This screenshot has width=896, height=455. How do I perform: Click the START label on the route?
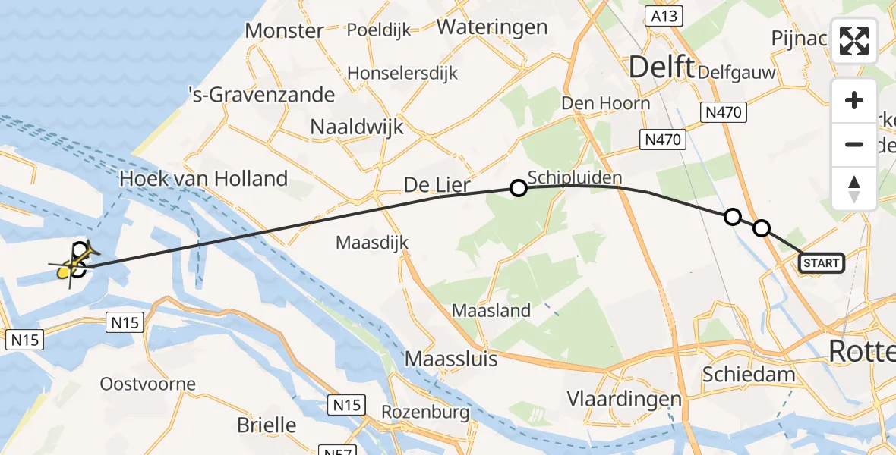click(822, 263)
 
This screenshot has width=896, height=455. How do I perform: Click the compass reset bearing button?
click(854, 189)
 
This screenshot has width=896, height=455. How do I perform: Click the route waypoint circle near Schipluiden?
click(518, 188)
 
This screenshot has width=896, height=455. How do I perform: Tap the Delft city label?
click(662, 67)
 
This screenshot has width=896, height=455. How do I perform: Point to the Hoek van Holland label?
click(203, 180)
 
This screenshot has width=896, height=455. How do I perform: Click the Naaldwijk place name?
click(357, 127)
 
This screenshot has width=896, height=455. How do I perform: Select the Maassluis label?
click(452, 358)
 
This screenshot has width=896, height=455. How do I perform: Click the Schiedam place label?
click(749, 374)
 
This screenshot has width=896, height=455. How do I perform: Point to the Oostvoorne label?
click(148, 384)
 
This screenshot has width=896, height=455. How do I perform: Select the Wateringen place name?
click(492, 27)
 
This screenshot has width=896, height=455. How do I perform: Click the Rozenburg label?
click(425, 413)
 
